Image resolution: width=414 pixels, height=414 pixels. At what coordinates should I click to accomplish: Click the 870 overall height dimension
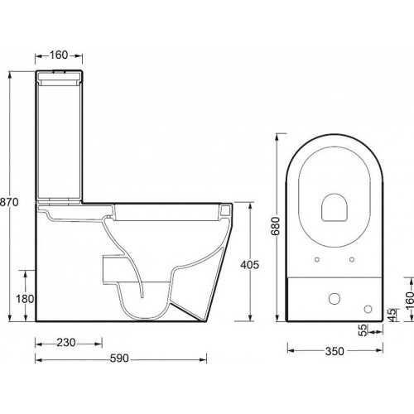point(9,202)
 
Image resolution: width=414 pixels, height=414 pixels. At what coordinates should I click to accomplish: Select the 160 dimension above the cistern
point(59,55)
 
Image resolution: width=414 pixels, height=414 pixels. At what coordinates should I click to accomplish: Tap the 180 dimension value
point(25,299)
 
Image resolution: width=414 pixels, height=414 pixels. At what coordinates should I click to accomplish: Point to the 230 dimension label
point(66,343)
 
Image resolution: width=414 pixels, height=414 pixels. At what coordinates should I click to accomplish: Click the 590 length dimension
point(119,359)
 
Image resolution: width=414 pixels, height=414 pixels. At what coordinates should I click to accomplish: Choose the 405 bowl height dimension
point(250,265)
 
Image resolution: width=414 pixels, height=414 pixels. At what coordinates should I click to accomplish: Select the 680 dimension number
point(276,226)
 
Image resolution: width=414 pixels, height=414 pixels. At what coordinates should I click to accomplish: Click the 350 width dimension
point(335,351)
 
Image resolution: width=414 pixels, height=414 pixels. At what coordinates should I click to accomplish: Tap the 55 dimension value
point(364,330)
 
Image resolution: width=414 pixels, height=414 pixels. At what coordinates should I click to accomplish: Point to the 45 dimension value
point(392,315)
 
